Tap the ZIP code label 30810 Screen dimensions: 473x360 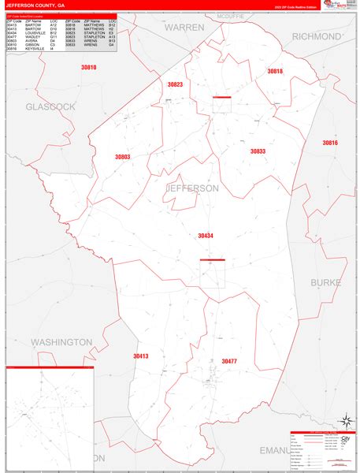[88, 68]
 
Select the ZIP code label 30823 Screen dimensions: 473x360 [175, 84]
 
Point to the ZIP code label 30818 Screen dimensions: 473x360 [274, 72]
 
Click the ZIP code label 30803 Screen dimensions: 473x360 [122, 157]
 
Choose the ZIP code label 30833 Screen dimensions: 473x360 [258, 151]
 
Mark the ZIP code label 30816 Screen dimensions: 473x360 [329, 143]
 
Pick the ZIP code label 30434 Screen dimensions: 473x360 [206, 236]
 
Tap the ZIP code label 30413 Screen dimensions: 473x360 [140, 356]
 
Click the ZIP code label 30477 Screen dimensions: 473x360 [228, 361]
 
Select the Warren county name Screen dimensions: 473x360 [184, 27]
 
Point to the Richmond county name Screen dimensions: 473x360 [317, 36]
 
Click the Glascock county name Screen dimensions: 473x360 [50, 106]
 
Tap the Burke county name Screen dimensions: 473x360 [325, 281]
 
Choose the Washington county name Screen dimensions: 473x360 [61, 342]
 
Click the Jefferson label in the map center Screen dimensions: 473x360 [192, 188]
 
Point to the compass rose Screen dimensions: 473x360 [344, 423]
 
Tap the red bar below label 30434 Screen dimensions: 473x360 [212, 260]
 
